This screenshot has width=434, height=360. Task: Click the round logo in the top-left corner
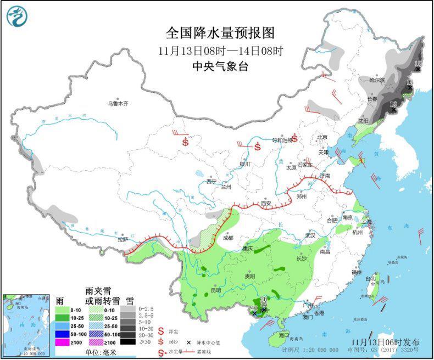click(x=17, y=16)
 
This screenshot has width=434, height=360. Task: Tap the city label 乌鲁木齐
click(x=118, y=103)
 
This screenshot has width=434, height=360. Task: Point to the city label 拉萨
click(x=122, y=239)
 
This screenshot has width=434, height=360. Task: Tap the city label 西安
click(x=266, y=203)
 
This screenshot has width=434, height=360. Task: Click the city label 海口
click(x=283, y=334)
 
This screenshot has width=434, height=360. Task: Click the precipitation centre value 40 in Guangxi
click(x=254, y=308)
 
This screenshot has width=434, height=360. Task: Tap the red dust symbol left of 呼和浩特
click(x=257, y=147)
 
